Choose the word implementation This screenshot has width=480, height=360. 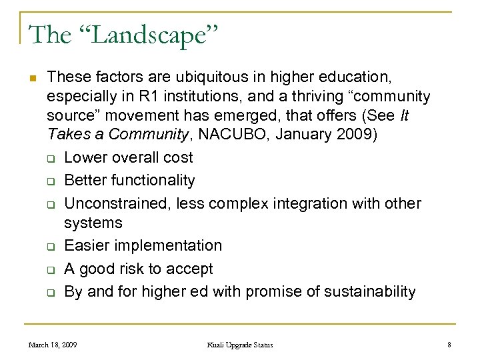168,245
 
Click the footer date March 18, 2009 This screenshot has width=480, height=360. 52,345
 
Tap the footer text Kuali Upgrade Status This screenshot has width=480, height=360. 239,345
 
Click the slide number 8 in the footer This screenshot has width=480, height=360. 449,345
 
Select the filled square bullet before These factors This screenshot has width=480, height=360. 31,77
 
